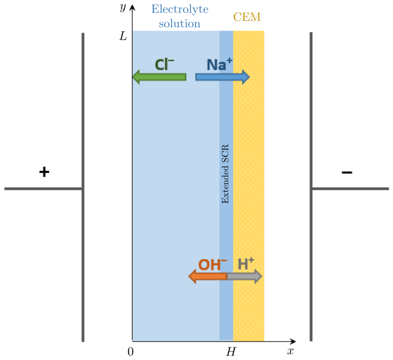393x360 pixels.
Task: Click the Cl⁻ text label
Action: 164,64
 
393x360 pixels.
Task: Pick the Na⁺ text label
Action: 219,64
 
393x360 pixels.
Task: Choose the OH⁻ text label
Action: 212,264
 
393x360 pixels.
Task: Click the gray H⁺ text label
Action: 246,264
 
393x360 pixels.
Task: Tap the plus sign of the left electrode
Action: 44,172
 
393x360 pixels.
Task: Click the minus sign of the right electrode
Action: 347,172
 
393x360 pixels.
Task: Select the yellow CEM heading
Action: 247,18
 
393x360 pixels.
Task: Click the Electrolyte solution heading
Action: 180,16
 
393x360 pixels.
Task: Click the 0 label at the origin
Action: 130,352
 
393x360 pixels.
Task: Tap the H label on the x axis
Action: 231,352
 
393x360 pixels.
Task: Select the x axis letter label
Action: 291,351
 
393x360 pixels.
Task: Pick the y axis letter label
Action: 122,7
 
